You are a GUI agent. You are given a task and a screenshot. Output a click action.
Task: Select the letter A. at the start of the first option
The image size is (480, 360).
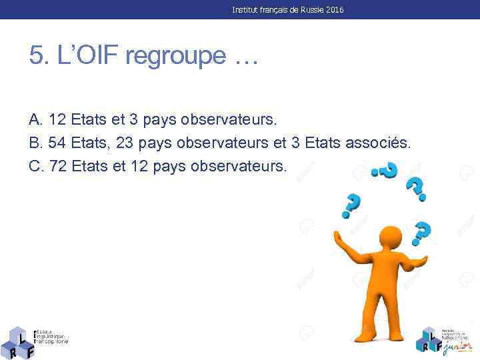click(37, 120)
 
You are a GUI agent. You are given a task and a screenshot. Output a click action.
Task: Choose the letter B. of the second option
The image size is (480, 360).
click(37, 143)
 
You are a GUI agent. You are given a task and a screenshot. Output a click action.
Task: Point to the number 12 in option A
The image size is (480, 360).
click(57, 120)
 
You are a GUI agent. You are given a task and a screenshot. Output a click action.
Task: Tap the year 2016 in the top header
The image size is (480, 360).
click(335, 10)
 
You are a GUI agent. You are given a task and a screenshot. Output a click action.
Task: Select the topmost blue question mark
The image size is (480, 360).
click(385, 170)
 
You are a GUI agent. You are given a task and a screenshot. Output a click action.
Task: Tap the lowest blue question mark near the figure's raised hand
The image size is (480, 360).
click(421, 233)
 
